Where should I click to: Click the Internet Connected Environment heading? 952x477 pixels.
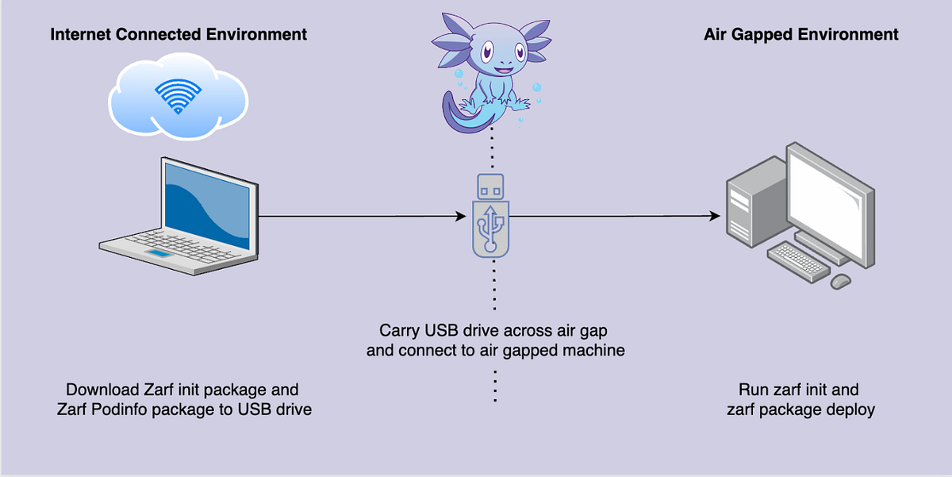point(178,34)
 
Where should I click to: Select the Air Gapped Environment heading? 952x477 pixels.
point(801,34)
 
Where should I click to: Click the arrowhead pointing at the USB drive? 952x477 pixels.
point(461,216)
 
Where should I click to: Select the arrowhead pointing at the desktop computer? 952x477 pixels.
point(715,216)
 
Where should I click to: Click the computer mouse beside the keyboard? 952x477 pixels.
point(840,280)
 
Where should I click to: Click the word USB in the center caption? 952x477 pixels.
point(436,330)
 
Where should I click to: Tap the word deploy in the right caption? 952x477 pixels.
point(852,410)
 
